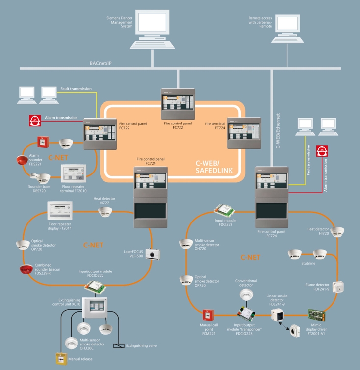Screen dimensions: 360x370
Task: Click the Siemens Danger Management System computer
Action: pos(153,29)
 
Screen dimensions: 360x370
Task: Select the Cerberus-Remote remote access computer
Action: pos(287,28)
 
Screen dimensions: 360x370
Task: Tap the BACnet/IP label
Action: pos(101,63)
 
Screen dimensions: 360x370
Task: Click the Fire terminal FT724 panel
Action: pos(244,133)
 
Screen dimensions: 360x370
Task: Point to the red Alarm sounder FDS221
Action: pos(22,160)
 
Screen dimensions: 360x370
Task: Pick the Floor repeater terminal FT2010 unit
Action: pos(74,173)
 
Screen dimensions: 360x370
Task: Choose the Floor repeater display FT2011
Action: pos(60,211)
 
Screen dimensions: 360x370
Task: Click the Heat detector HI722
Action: pos(105,211)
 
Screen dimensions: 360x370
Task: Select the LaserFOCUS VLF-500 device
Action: pos(153,255)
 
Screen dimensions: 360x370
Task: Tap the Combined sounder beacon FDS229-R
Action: pos(26,269)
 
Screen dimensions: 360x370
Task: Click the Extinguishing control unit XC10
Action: pos(95,307)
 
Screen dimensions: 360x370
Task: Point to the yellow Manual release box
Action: pos(61,359)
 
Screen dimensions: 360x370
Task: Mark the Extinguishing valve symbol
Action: pos(119,346)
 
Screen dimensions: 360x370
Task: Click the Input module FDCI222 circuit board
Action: pos(225,211)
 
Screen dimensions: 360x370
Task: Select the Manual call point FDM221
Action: pos(208,315)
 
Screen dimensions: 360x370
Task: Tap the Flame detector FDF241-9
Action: pos(338,287)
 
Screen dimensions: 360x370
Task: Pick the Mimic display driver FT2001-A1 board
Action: pos(316,315)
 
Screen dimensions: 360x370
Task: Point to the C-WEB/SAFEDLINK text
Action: pos(214,167)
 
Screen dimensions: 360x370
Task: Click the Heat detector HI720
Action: pos(337,232)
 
